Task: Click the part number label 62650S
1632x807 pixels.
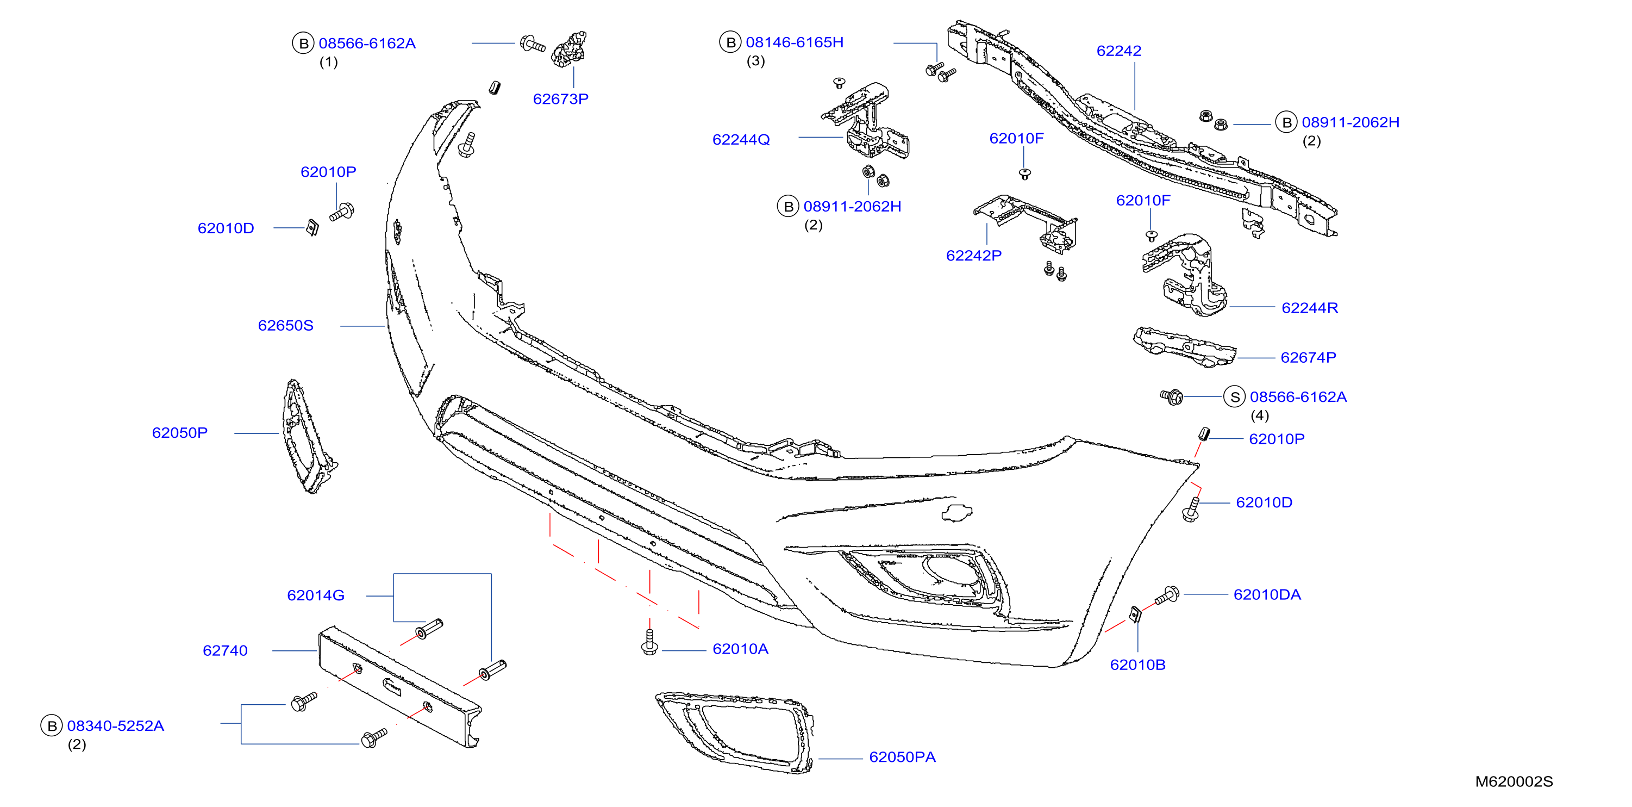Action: tap(285, 325)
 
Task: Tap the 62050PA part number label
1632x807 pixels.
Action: tap(902, 757)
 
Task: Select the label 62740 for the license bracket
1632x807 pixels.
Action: tap(225, 650)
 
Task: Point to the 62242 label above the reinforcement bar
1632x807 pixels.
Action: tap(1118, 51)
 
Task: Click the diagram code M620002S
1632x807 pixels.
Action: tap(1514, 781)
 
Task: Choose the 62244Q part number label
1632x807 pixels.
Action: tap(741, 139)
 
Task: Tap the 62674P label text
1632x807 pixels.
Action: tap(1308, 357)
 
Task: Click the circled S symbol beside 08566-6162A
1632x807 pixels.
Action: tap(1234, 397)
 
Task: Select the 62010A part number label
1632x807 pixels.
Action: tap(740, 649)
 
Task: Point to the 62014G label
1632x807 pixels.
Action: tap(316, 595)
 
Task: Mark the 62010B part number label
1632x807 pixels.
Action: tap(1137, 665)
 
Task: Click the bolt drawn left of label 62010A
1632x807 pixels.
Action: tap(649, 642)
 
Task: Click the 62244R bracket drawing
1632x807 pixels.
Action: tap(1184, 274)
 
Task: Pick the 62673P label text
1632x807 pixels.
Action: tap(560, 99)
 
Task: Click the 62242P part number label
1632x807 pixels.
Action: tap(973, 256)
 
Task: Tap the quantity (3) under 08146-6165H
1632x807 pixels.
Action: tap(755, 61)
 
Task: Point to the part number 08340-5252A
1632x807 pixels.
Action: tap(115, 726)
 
